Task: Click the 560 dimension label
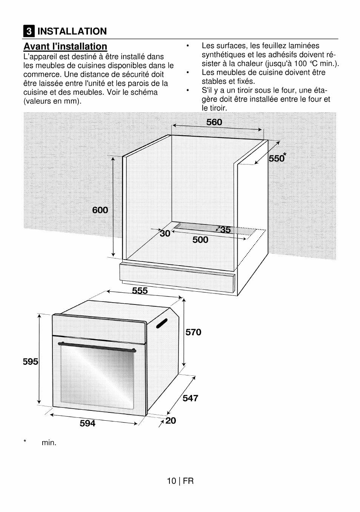click(214, 122)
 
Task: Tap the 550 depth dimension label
click(277, 158)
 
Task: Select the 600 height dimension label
click(100, 210)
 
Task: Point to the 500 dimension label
click(200, 240)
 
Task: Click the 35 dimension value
click(225, 230)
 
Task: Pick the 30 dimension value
click(165, 234)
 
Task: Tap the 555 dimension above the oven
click(140, 291)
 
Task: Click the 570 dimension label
click(193, 332)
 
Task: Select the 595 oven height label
click(31, 361)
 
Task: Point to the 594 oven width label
click(88, 423)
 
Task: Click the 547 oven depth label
click(190, 398)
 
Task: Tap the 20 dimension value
click(171, 420)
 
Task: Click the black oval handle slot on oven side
click(162, 323)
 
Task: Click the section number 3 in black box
click(28, 31)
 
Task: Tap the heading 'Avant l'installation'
click(65, 46)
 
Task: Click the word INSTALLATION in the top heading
click(72, 31)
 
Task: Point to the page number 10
click(171, 481)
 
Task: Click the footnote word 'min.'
click(49, 443)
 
